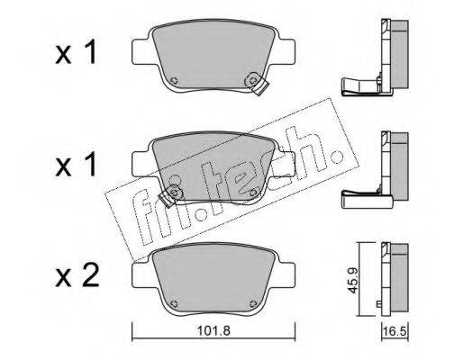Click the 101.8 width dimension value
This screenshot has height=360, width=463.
pos(213,330)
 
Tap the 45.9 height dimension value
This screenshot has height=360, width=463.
pos(352,280)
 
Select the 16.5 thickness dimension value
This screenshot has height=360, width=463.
pos(395,332)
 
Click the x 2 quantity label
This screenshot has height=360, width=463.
pos(77,276)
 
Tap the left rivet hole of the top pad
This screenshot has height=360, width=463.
pos(174,80)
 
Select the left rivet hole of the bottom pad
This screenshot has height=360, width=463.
pos(174,303)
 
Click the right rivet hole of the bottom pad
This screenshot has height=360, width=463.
pos(254,303)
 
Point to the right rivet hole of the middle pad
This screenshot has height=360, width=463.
pos(254,192)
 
